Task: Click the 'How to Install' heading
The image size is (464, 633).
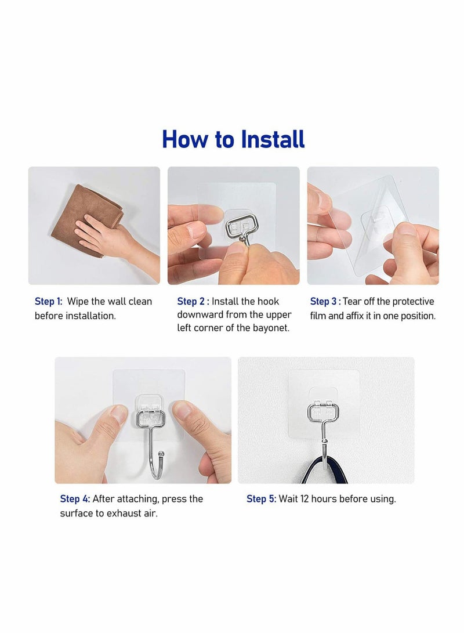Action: pos(233,140)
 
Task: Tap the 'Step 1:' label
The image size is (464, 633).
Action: pos(48,301)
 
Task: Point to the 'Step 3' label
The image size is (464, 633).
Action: pos(324,301)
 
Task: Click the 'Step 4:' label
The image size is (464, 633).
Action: pos(75,499)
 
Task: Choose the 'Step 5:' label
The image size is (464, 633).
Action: pos(261,499)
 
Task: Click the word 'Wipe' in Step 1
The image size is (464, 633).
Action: pos(78,301)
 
